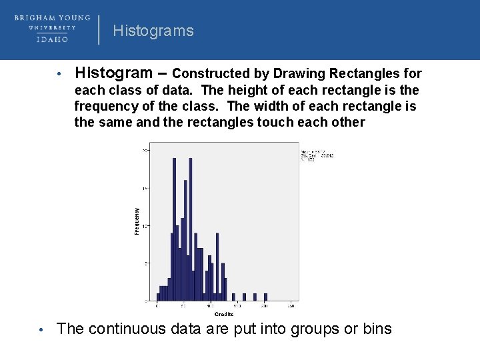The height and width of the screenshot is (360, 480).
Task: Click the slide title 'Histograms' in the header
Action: pos(153,31)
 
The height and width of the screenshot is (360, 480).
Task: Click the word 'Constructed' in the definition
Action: pos(209,73)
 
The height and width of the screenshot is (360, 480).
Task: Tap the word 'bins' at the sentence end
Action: pos(377,329)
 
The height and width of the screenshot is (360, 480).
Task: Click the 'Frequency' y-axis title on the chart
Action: pos(137,221)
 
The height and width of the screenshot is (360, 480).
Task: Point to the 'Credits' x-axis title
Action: pos(223,314)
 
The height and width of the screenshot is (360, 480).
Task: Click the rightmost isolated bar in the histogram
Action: pos(265,297)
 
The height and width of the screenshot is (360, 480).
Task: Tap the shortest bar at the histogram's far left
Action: pos(158,297)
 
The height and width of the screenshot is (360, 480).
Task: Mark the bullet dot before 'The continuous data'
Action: pos(41,330)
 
